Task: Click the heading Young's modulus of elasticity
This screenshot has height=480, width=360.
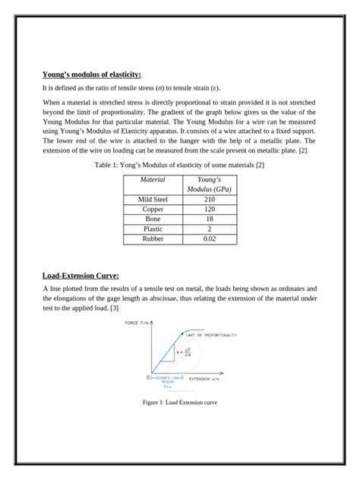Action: pos(91,74)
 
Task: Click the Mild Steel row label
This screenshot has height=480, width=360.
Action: pos(153,199)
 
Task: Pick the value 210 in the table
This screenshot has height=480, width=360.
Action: pos(209,199)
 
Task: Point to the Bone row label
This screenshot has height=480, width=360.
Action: pos(153,219)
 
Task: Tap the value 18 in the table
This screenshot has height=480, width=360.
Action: pos(209,219)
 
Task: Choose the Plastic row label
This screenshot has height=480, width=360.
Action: pos(153,229)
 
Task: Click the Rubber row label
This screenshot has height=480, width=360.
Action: pos(153,238)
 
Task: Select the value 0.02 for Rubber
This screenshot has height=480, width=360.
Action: pos(209,238)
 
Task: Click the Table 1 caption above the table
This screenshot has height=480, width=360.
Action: pos(178,164)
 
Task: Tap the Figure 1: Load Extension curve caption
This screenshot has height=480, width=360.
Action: pos(180,402)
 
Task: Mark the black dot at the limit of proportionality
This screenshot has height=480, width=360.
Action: pos(182,334)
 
